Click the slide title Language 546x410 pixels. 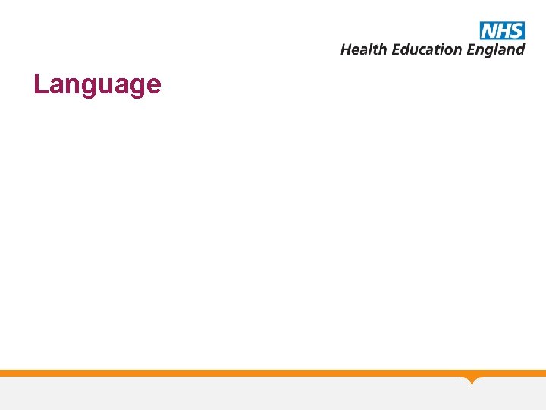[97, 84]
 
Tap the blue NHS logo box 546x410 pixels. [502, 30]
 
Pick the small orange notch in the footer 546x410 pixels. [472, 380]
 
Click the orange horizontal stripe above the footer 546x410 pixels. [227, 373]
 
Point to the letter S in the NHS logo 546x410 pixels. [516, 30]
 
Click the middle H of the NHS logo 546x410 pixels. [502, 30]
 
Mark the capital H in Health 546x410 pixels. [346, 49]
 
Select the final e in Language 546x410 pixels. [153, 85]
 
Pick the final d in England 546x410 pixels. [520, 49]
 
